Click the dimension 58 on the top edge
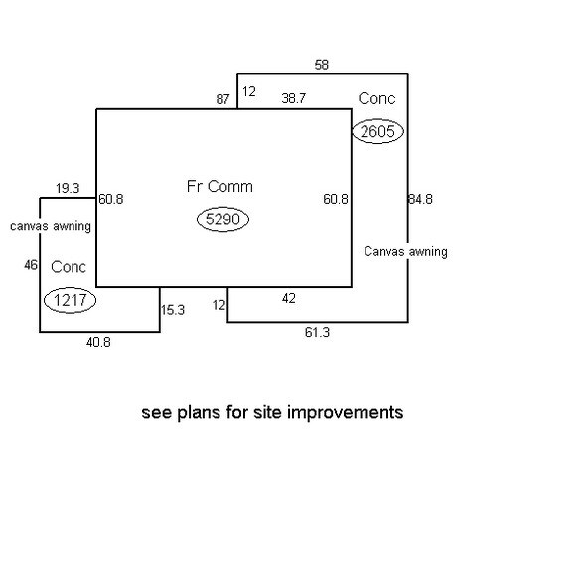coord(322,65)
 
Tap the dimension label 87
coord(222,99)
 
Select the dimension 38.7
coord(294,98)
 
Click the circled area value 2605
coord(377,131)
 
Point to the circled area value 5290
coord(222,219)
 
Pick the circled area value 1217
coord(70,300)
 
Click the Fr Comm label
coord(219,187)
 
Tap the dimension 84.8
coord(420,199)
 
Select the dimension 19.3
coord(68,188)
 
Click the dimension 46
coord(31,265)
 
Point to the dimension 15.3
coord(173,310)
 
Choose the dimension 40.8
coord(98,342)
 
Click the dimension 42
coord(289,298)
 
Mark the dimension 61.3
coord(317,332)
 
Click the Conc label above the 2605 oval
coord(377,98)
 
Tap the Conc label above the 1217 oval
coord(69,267)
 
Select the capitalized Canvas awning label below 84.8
coord(405,252)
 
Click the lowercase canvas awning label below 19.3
coord(51,226)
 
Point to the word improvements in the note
coord(346,413)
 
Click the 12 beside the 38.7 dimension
coord(249,91)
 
